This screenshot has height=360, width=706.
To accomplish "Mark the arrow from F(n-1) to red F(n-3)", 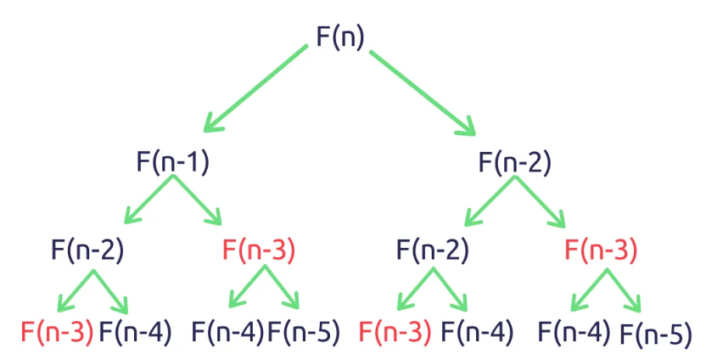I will coord(199,203).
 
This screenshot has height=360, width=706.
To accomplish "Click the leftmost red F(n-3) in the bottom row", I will coord(57,331).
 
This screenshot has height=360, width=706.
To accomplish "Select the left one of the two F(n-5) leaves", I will coord(304,331).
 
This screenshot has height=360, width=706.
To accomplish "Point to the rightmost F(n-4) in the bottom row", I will coord(574,331).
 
